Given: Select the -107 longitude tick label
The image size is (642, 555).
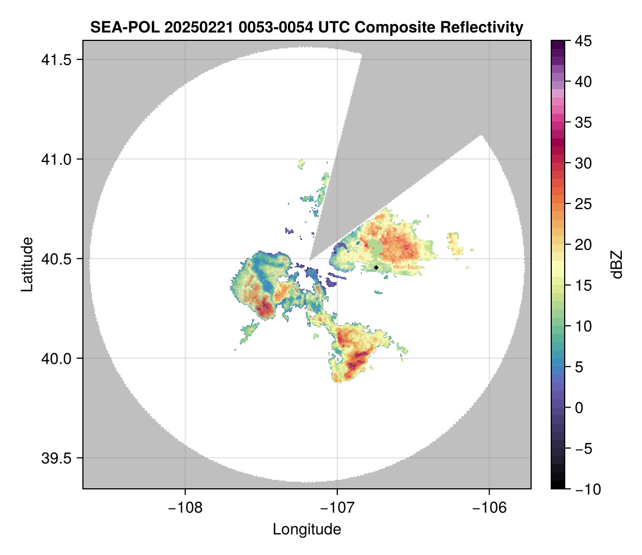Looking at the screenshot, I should pyautogui.click(x=337, y=507).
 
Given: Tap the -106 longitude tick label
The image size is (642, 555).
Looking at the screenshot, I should pyautogui.click(x=489, y=507).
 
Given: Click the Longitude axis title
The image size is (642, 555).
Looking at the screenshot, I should pyautogui.click(x=306, y=529).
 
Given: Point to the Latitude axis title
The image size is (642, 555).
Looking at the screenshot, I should pyautogui.click(x=26, y=264).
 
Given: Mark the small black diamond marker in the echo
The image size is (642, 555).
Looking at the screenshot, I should pyautogui.click(x=376, y=267).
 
